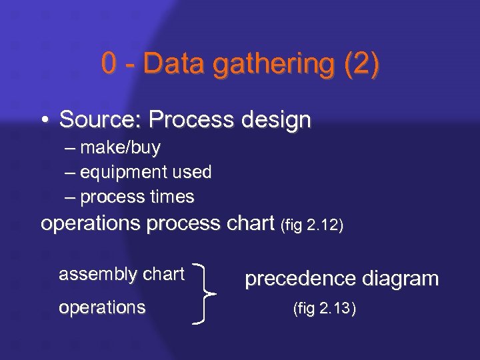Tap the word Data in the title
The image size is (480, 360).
169,64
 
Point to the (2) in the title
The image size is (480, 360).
360,65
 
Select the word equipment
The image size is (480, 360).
123,173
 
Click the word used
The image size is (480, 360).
191,172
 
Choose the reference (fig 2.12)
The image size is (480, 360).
313,225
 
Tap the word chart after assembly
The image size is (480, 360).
163,273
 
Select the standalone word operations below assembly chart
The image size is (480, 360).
102,307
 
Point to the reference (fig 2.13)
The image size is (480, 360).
325,309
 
